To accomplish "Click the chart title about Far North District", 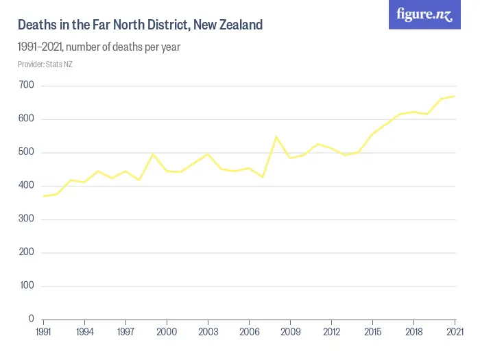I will click(140, 25).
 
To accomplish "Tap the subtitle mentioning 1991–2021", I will click(99, 47).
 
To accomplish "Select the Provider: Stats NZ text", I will click(45, 64).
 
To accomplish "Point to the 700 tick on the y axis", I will click(27, 86).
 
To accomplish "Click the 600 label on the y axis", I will click(27, 119).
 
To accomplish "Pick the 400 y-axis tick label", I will click(27, 186).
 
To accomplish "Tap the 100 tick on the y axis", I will click(27, 286).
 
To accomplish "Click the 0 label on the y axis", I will click(32, 319).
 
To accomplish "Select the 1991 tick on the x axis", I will click(43, 331).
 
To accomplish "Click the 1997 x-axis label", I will click(125, 331).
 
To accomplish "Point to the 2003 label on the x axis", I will click(208, 331).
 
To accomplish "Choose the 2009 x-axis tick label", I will click(290, 331).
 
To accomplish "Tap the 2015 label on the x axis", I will click(372, 331).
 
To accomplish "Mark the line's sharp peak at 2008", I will click(276, 137).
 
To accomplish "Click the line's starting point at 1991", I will click(43, 196).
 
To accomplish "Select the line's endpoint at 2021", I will click(455, 96).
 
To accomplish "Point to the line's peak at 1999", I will click(153, 154).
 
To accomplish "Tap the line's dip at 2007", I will click(263, 177).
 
